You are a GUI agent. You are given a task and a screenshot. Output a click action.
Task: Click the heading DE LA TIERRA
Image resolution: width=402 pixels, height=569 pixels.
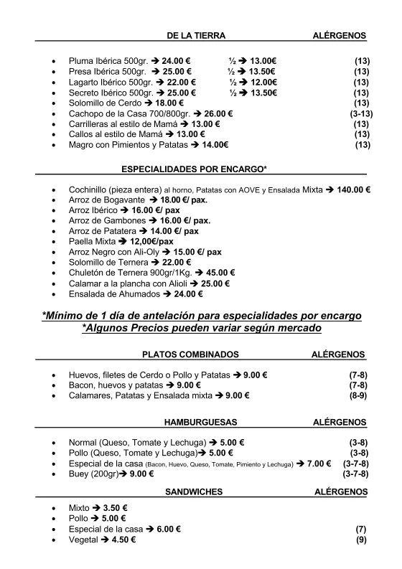click(x=196, y=35)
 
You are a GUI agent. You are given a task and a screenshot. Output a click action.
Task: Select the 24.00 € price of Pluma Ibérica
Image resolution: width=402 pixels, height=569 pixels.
click(x=176, y=61)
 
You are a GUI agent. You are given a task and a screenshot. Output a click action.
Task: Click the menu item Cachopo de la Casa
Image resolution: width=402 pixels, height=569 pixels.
click(x=126, y=113)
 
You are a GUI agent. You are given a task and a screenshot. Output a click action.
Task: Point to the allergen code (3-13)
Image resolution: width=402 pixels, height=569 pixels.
click(x=360, y=113)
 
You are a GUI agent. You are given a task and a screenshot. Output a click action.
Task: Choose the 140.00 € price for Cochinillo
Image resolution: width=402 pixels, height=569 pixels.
click(x=351, y=189)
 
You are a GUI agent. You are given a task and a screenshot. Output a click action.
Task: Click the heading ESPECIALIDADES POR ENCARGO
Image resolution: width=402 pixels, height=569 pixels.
click(x=194, y=169)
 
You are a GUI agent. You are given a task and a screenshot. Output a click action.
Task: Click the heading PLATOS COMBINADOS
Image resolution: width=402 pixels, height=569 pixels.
click(x=190, y=354)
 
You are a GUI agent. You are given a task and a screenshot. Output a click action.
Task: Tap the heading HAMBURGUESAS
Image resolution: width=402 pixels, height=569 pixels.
click(x=201, y=422)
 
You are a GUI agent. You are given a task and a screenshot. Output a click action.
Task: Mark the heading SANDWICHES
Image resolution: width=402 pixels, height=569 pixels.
click(x=194, y=492)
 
